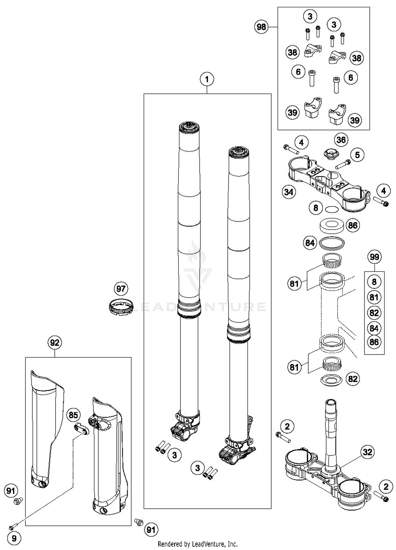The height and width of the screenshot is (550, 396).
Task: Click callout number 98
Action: [x=261, y=27]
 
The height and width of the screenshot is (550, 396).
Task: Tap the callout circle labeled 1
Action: [x=207, y=79]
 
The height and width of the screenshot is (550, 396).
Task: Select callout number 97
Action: [x=121, y=288]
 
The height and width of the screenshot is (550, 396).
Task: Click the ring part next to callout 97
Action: [x=121, y=307]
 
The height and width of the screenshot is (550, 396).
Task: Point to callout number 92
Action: [x=55, y=343]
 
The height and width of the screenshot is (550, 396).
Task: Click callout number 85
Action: [x=73, y=415]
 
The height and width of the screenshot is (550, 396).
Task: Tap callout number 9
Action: [x=14, y=538]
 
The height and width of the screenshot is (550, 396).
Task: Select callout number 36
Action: [x=341, y=140]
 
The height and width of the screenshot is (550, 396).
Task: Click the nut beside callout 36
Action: [x=331, y=154]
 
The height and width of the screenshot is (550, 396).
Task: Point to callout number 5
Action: [x=357, y=155]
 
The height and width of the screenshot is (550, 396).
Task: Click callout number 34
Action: [x=289, y=192]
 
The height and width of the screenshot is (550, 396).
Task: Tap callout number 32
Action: [x=367, y=452]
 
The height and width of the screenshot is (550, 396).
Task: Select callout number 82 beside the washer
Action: [x=353, y=379]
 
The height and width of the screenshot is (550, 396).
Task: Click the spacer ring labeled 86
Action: [x=332, y=226]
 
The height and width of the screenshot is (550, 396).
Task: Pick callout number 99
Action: [x=374, y=257]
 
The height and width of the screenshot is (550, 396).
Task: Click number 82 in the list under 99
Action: [x=374, y=313]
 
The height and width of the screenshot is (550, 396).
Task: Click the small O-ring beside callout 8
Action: [x=332, y=209]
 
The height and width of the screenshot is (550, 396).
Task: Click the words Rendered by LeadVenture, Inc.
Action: [x=197, y=544]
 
